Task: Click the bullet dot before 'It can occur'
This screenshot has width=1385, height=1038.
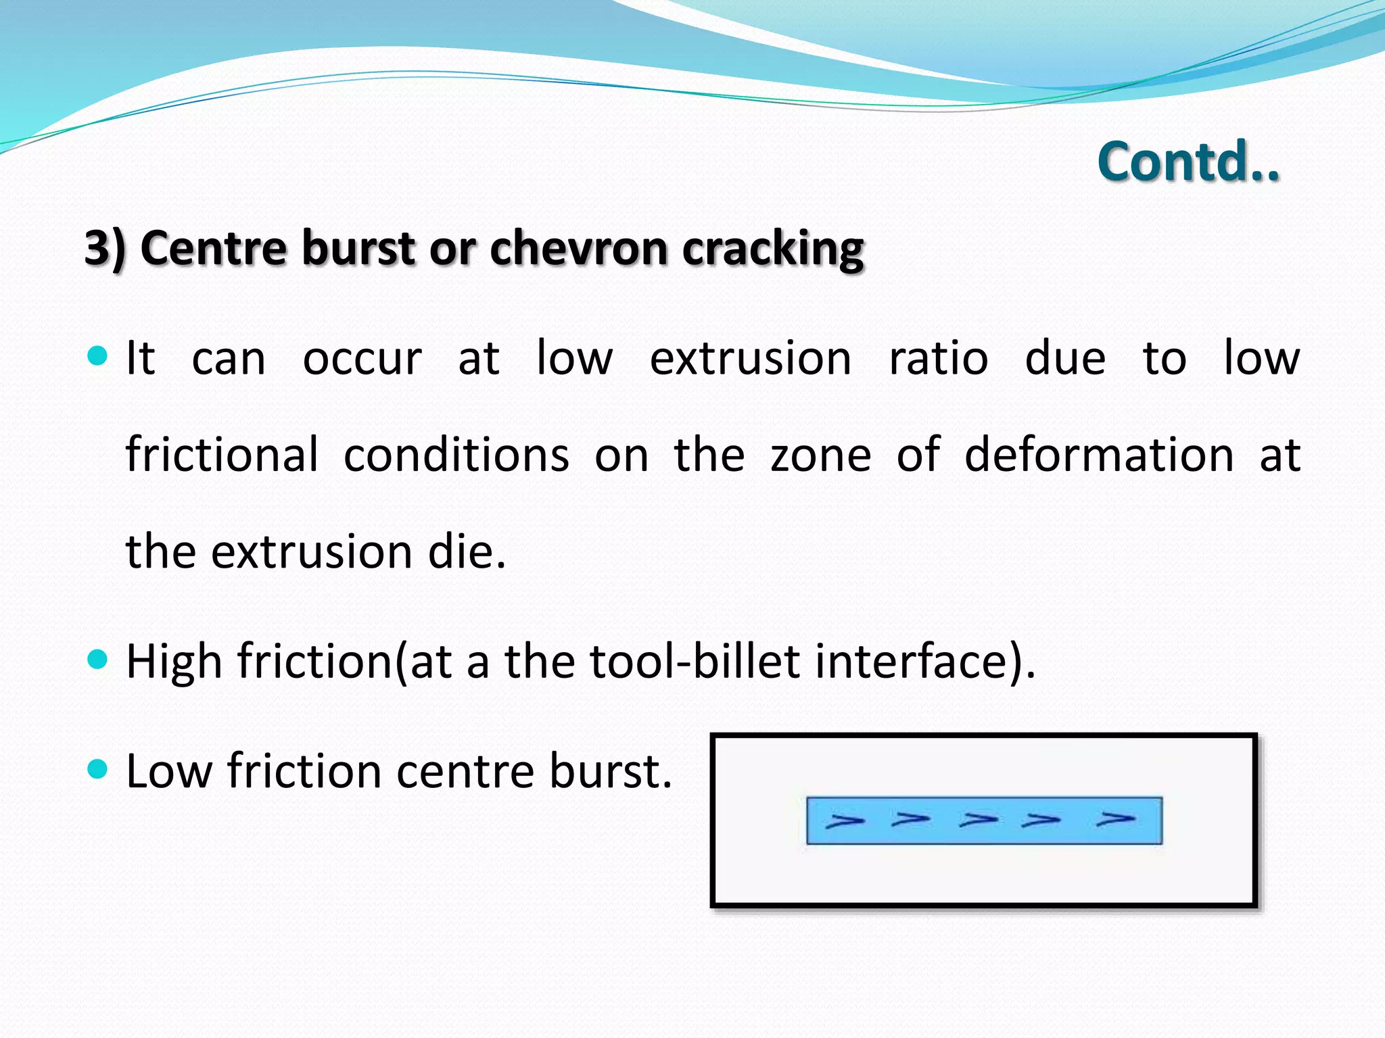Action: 98,355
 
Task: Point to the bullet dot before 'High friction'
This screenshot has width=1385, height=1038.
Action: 98,659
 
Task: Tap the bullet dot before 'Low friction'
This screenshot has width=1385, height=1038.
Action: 98,768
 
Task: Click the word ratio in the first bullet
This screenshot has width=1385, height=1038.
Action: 938,358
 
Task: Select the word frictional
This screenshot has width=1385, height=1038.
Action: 222,454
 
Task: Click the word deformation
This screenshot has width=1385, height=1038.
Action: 1099,454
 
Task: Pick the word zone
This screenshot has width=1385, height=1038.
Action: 820,455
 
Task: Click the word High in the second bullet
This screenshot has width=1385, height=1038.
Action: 174,662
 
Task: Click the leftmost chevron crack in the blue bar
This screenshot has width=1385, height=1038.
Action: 845,821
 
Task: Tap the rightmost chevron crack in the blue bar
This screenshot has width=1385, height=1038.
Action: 1115,819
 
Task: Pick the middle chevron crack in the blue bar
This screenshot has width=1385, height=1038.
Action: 978,820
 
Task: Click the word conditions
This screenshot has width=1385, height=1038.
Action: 456,454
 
